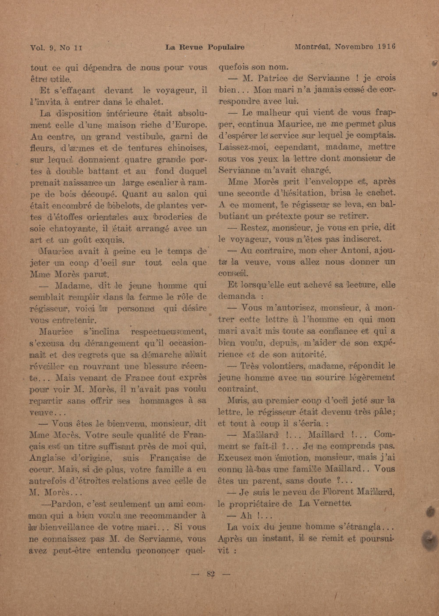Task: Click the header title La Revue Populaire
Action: tap(205, 47)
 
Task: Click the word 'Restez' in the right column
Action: tap(254, 228)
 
